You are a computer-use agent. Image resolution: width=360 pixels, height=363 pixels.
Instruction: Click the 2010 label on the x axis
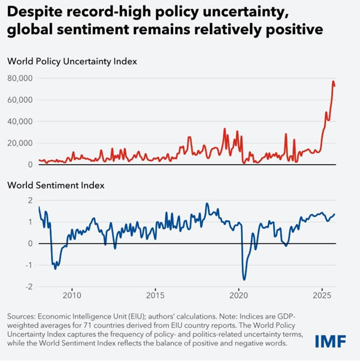[x=72, y=296]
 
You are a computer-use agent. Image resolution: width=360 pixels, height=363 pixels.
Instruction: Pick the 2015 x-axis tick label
[x=155, y=296]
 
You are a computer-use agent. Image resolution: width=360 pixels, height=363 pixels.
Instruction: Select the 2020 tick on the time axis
[x=238, y=296]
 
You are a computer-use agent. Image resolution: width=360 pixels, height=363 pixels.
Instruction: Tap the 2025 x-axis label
[x=321, y=296]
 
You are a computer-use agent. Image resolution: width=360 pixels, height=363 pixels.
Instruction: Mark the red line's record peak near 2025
[x=333, y=82]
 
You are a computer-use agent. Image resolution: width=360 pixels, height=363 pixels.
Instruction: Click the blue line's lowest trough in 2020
[x=244, y=279]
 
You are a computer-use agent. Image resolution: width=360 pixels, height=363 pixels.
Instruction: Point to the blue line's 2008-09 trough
[x=55, y=269]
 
